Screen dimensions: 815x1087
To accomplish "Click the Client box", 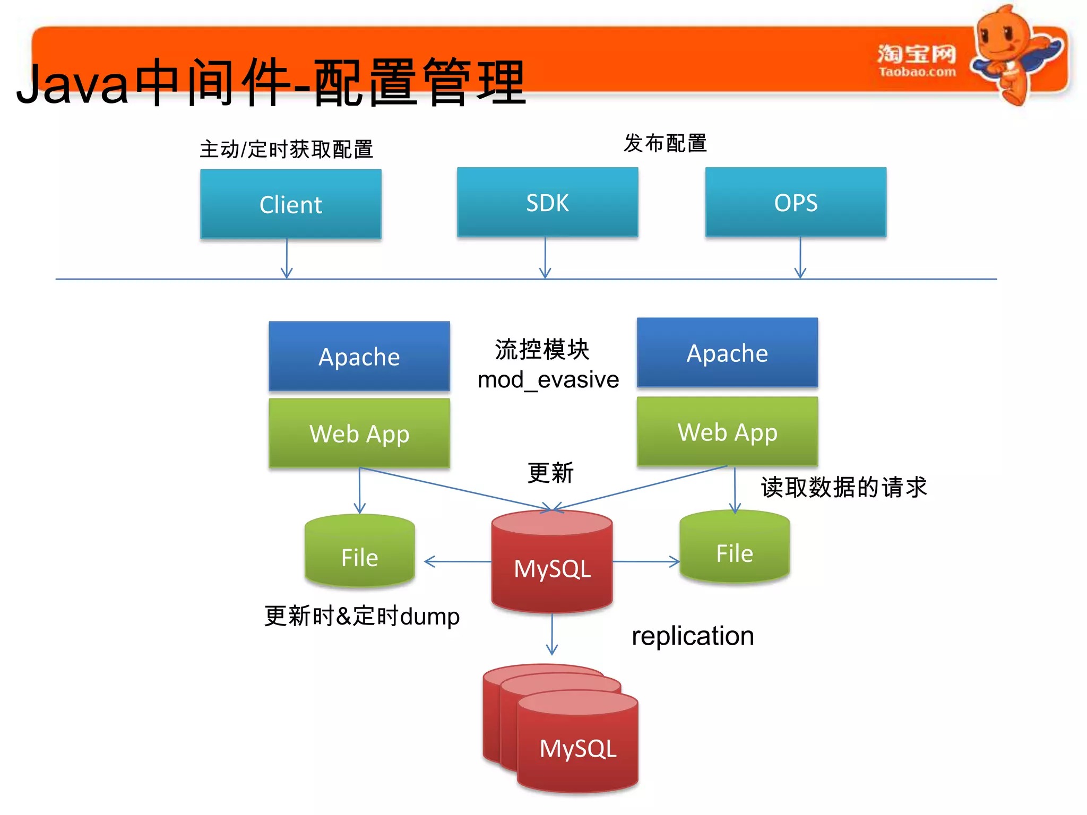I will pyautogui.click(x=290, y=204).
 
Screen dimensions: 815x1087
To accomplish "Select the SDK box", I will pyautogui.click(x=547, y=202).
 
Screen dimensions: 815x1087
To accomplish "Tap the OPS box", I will pyautogui.click(x=795, y=202).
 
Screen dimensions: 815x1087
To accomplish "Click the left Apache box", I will pyautogui.click(x=359, y=356).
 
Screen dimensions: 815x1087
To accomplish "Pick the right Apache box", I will pyautogui.click(x=727, y=353).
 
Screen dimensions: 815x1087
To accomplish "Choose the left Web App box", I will pyautogui.click(x=359, y=433).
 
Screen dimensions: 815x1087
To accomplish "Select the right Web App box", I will pyautogui.click(x=727, y=431).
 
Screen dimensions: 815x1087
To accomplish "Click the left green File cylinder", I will pyautogui.click(x=359, y=552).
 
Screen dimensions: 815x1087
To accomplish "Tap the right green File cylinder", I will pyautogui.click(x=734, y=548).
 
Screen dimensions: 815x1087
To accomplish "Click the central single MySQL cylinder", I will pyautogui.click(x=551, y=565).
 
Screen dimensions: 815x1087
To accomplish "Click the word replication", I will pyautogui.click(x=692, y=636).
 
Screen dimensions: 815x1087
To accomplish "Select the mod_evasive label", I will pyautogui.click(x=548, y=380).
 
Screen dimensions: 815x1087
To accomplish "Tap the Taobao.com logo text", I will pyautogui.click(x=917, y=72).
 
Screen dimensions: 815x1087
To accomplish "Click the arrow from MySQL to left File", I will pyautogui.click(x=456, y=561).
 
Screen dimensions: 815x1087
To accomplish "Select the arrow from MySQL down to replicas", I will pyautogui.click(x=552, y=634).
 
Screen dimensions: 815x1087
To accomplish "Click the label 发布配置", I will pyautogui.click(x=665, y=143).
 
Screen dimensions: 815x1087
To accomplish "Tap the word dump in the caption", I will pyautogui.click(x=429, y=617).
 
